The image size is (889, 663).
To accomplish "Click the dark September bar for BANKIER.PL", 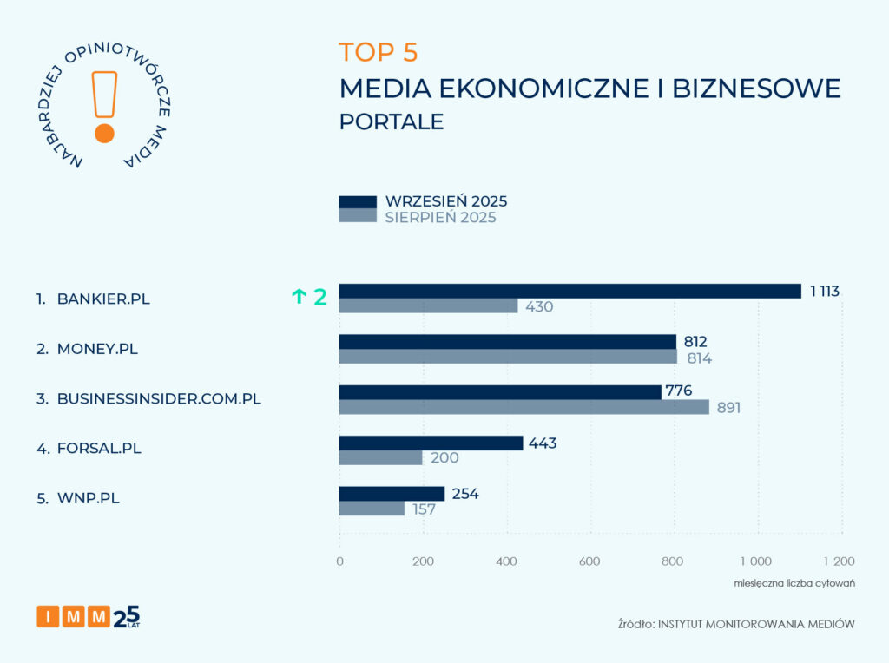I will (570, 292).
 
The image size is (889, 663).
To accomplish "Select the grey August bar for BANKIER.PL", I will (428, 306).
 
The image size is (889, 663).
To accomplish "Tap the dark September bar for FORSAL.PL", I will (431, 443).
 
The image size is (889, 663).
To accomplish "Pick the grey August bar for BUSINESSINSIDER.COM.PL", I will (524, 407).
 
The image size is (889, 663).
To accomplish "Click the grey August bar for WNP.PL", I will (372, 509).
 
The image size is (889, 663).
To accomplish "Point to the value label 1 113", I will (825, 292).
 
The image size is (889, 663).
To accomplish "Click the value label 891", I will (728, 407).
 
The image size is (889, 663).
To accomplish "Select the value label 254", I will (465, 494).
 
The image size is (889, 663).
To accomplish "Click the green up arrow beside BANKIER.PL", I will (299, 297).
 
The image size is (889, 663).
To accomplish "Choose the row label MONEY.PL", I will (97, 349).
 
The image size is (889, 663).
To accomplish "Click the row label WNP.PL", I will (90, 500).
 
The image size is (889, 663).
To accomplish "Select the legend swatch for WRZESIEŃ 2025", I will (357, 202).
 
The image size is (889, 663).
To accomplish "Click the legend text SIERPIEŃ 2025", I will (440, 218).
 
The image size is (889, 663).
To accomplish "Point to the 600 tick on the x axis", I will (589, 561).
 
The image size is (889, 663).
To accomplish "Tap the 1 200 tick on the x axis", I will (839, 561).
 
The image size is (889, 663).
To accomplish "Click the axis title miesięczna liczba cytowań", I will (795, 583).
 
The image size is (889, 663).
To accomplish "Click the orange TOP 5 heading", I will (379, 52).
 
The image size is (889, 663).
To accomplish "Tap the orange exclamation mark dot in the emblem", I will (104, 133).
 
